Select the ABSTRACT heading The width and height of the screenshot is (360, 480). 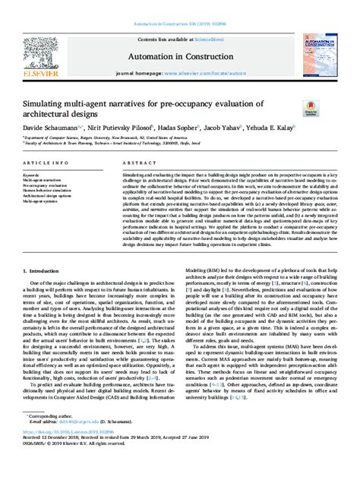(x=133, y=163)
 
